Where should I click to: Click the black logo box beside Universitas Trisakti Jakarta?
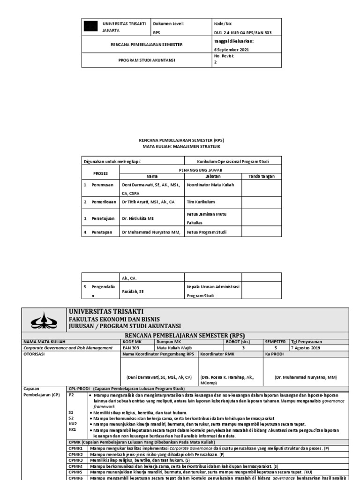pyautogui.click(x=90, y=26)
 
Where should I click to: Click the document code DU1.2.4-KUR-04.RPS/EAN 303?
pyautogui.click(x=242, y=33)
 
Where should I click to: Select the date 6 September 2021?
pyautogui.click(x=232, y=49)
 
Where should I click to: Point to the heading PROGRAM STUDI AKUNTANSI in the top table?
pyautogui.click(x=146, y=60)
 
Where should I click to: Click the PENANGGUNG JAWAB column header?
pyautogui.click(x=201, y=170)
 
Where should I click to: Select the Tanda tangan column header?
pyautogui.click(x=262, y=176)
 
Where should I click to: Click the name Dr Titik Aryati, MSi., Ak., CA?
pyautogui.click(x=148, y=202)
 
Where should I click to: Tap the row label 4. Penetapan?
pyautogui.click(x=98, y=232)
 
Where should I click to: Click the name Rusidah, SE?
pyautogui.click(x=133, y=291)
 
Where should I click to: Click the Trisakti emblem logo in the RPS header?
pyautogui.click(x=44, y=320)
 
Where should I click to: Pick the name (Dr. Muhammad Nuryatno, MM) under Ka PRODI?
pyautogui.click(x=306, y=377)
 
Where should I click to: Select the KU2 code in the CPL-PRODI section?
pyautogui.click(x=72, y=424)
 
